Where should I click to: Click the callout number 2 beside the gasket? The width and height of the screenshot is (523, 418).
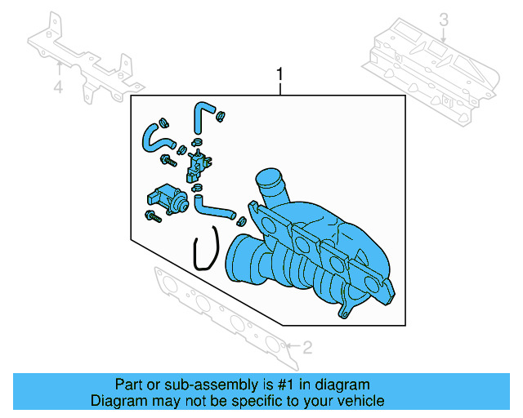coord(307,349)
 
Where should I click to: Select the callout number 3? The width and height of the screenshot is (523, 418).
coord(444,20)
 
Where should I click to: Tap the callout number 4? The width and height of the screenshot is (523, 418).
coord(58,87)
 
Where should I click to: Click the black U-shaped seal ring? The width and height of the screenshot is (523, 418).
coord(205,249)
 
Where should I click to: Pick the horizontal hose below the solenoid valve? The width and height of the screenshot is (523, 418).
coord(214,207)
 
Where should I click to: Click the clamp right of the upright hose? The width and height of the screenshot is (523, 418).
coord(221,120)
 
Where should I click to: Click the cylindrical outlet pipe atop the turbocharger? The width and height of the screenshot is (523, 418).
coord(270,188)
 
